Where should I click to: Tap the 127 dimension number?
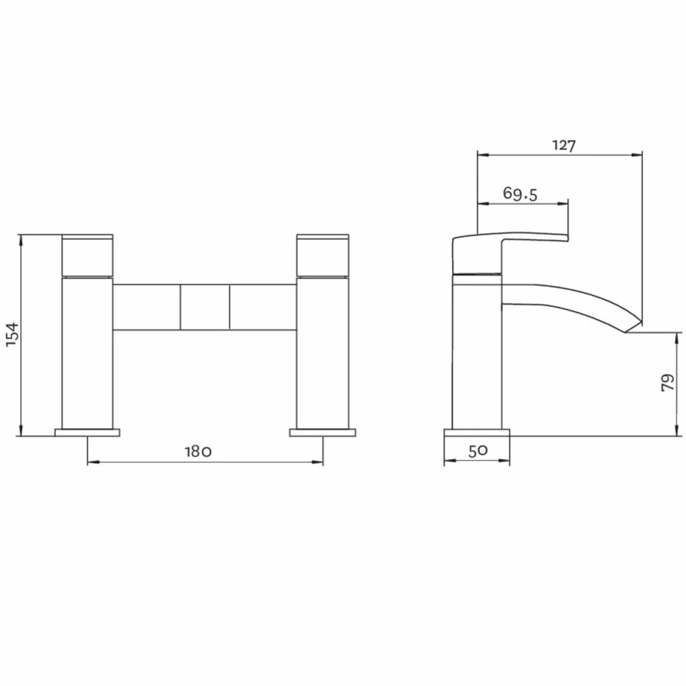pos(563,145)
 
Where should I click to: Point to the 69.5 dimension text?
pos(520,194)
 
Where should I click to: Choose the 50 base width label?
pos(477,451)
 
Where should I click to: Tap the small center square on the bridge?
pos(205,307)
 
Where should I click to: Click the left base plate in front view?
pos(87,432)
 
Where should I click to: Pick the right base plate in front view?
pos(323,432)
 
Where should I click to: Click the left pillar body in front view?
pos(87,353)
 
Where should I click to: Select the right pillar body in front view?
pos(323,353)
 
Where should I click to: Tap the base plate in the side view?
pos(477,432)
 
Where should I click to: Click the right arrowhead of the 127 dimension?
pos(639,154)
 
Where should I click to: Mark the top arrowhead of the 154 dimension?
pos(22,238)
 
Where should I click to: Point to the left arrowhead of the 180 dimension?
pos(91,462)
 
